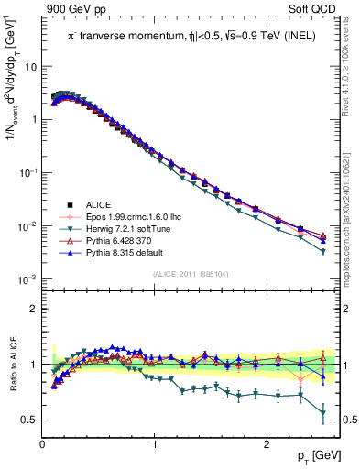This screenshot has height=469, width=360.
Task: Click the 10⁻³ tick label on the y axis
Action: click(x=29, y=278)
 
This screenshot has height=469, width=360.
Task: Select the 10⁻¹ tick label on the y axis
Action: click(x=29, y=172)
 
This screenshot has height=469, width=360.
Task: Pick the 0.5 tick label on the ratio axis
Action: click(x=29, y=420)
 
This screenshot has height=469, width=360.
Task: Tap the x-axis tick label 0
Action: click(x=42, y=443)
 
